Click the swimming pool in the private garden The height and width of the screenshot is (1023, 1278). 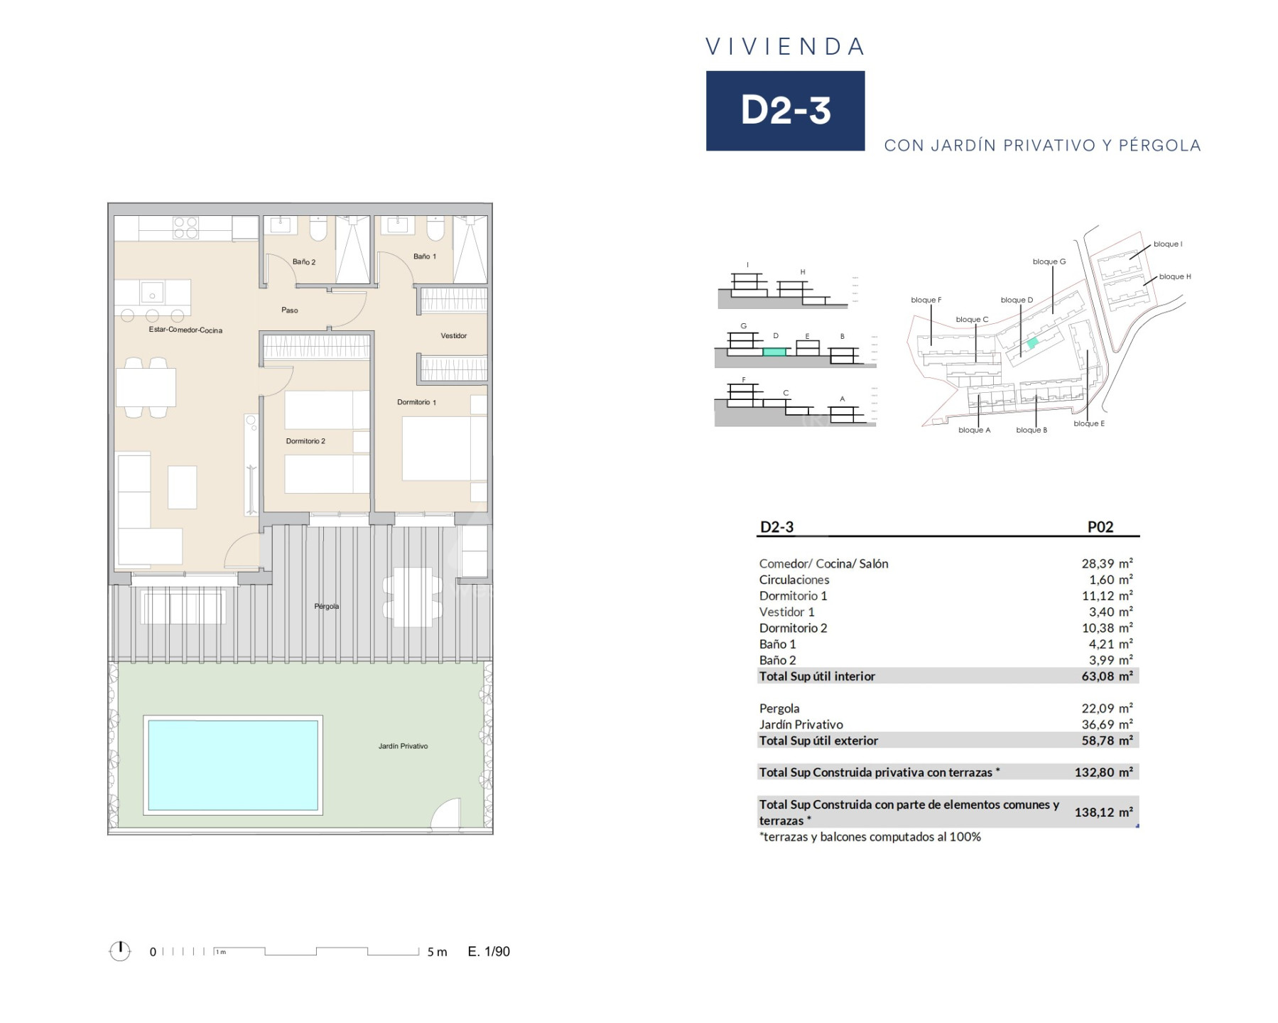click(233, 764)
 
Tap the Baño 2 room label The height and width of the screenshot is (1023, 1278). click(304, 262)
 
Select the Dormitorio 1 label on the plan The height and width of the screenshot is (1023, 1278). click(416, 402)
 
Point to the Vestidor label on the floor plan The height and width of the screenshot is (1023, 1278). click(453, 335)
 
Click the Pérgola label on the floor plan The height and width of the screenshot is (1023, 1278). click(327, 606)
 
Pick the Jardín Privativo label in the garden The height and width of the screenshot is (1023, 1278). click(403, 746)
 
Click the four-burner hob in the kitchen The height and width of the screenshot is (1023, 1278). click(186, 227)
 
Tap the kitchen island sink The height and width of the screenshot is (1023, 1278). click(152, 292)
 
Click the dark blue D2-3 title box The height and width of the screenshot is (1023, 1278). click(785, 111)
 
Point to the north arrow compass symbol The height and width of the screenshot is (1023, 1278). click(120, 951)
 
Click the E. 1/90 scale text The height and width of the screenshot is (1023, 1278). click(489, 951)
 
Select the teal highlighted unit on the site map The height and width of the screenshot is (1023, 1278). click(1032, 342)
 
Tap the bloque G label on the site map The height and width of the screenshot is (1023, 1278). click(1049, 261)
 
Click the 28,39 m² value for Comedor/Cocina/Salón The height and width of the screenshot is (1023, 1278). click(1107, 563)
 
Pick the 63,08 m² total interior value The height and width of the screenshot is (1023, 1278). click(1107, 676)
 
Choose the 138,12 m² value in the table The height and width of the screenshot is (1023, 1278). click(1103, 812)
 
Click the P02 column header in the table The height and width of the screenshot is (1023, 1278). click(1100, 527)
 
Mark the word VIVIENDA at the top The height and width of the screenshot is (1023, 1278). click(785, 47)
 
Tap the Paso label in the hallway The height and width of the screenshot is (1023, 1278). click(290, 310)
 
